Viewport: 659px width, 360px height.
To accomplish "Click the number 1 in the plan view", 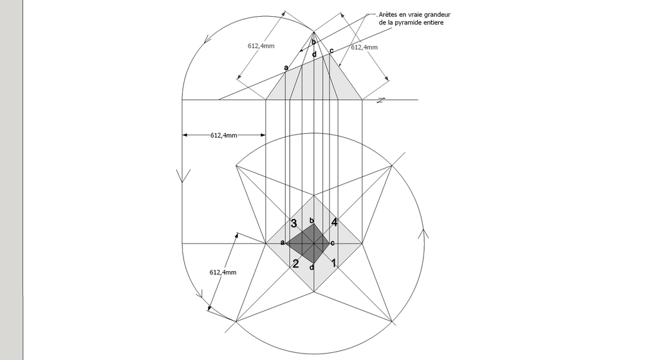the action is (334, 263).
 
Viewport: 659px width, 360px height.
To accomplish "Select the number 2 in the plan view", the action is (295, 263).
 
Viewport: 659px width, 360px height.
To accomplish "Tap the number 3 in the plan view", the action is (293, 223).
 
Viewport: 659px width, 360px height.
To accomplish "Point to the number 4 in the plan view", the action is (334, 222).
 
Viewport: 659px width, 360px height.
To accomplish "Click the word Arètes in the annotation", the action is (387, 14).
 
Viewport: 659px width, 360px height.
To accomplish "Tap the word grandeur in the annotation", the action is (437, 14).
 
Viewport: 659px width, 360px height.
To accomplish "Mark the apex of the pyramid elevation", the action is (313, 32).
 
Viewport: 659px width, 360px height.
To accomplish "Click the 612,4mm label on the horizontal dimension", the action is (223, 135).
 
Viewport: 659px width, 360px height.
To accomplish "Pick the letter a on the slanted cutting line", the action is (286, 67).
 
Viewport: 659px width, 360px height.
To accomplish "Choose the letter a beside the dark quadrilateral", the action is (283, 242).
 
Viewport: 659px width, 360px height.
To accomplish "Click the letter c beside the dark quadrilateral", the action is (333, 243).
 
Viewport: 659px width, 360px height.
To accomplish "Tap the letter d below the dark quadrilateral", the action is (312, 267).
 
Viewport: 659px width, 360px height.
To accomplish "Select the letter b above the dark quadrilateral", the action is (311, 220).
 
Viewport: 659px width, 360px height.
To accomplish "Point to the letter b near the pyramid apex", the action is (313, 41).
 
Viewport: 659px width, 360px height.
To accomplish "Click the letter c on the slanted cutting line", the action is (331, 51).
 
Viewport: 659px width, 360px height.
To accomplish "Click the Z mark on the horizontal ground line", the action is (380, 100).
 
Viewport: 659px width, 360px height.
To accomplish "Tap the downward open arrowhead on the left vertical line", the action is (182, 176).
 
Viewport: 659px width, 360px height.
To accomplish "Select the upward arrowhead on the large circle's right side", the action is (423, 234).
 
